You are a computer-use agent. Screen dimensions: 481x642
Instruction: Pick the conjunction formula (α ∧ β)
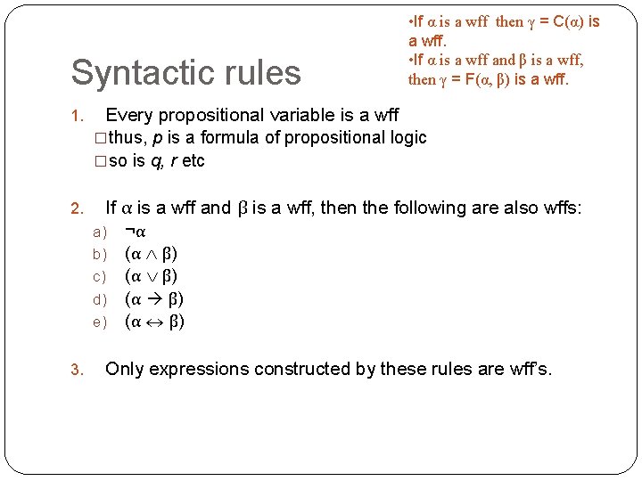[154, 254]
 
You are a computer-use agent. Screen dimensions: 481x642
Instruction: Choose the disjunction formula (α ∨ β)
[154, 276]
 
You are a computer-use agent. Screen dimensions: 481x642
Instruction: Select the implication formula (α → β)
[154, 298]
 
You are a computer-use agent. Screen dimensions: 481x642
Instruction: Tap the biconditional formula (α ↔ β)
[154, 321]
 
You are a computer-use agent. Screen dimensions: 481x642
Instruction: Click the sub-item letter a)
[100, 232]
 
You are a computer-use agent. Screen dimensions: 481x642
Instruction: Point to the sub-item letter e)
[100, 322]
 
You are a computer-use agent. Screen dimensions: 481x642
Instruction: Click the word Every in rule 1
[130, 115]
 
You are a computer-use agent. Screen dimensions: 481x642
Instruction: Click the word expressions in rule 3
[198, 370]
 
